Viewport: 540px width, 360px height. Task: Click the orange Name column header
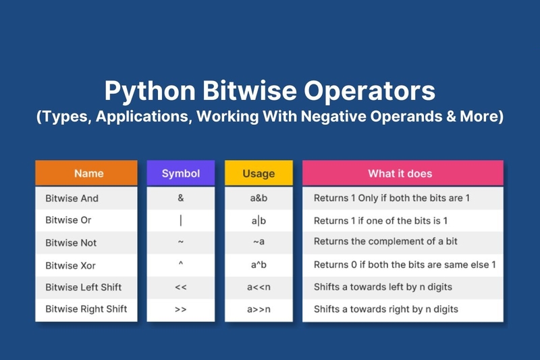click(86, 173)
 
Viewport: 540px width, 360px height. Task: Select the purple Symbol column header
click(181, 173)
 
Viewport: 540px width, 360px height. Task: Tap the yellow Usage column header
click(259, 173)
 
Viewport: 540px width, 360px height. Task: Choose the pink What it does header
click(402, 173)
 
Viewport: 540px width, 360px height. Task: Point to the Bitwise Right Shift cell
click(86, 309)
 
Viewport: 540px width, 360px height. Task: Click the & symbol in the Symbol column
click(181, 198)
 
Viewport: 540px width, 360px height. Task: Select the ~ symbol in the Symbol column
click(181, 242)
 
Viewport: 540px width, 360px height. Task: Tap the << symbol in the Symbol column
click(181, 287)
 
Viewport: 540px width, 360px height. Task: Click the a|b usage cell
click(259, 220)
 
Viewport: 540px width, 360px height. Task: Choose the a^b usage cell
click(259, 265)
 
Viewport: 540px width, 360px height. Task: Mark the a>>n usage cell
click(259, 309)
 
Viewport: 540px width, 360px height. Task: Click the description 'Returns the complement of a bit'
click(385, 241)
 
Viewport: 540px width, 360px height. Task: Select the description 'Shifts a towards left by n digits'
click(383, 287)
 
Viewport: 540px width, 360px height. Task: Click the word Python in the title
click(150, 91)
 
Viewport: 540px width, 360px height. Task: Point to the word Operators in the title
click(369, 91)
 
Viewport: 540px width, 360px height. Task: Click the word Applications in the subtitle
click(142, 117)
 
